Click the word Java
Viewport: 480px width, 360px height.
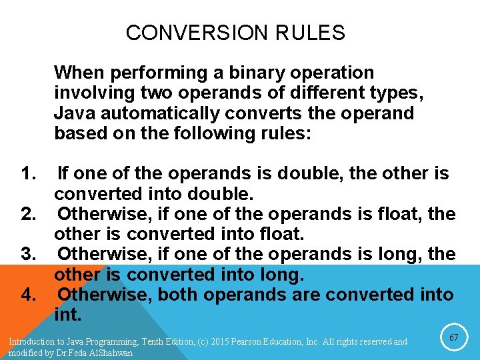point(75,113)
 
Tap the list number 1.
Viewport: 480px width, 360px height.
point(28,174)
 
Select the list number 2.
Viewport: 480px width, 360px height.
point(28,214)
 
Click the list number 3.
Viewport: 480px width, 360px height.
point(28,254)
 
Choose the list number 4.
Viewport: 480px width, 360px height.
point(28,294)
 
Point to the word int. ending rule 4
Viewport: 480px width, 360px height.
point(67,314)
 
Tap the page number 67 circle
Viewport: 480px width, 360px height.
point(454,338)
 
